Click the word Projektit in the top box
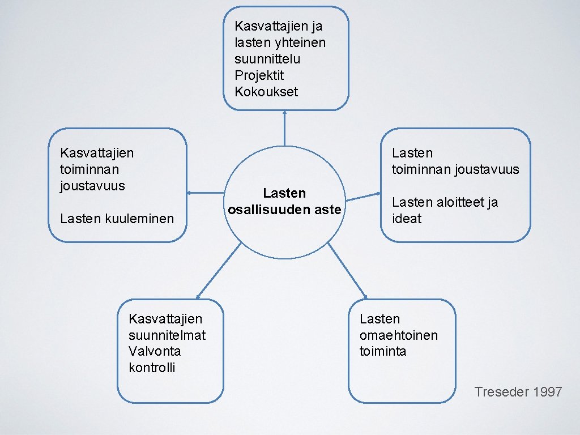pos(259,75)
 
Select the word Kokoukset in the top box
pos(266,92)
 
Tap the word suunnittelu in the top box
pos(267,59)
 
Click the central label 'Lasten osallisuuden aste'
pos(284,202)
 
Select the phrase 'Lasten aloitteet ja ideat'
pos(445,210)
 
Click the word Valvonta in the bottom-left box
pos(155,351)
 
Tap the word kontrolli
pos(152,368)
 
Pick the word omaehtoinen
pos(399,335)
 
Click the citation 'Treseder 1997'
pos(518,391)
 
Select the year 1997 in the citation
pos(548,391)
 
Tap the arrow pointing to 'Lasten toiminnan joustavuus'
pos(363,197)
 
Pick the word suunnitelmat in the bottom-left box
pos(167,335)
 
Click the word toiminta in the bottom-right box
pos(383,351)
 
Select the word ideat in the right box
pos(407,219)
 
